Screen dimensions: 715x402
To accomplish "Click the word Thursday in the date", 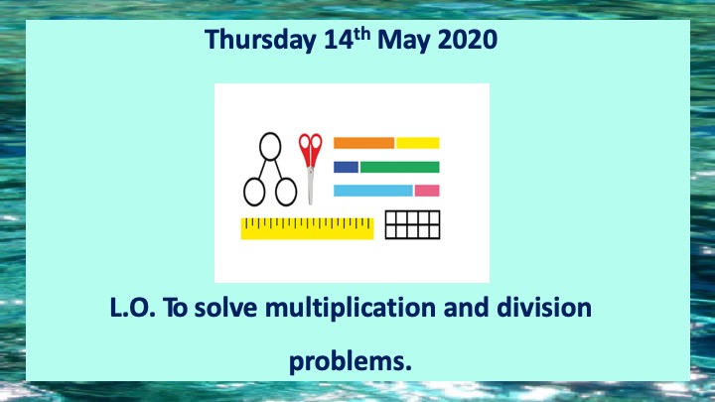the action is pos(260,40).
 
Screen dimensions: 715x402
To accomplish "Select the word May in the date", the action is pos(404,41).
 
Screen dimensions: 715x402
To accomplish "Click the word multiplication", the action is pos(352,308).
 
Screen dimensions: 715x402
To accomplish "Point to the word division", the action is pos(544,307).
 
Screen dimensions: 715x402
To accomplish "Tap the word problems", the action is pos(351,362).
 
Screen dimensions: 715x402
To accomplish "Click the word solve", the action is pos(225,307).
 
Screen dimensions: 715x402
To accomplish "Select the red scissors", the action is pos(311,169).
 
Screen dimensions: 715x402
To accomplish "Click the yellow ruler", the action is pos(307,228).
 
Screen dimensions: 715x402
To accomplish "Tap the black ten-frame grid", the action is pos(413,224).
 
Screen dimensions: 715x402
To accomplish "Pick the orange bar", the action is pos(363,143).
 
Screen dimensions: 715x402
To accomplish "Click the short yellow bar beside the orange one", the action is pos(418,143).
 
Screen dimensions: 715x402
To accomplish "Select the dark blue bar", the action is pos(347,168).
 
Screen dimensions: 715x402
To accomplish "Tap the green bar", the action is pos(400,168).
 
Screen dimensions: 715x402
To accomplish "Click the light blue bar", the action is pos(373,191).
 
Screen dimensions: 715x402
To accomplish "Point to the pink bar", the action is pos(427,191).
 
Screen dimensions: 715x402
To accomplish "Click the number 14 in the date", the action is pos(339,40).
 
